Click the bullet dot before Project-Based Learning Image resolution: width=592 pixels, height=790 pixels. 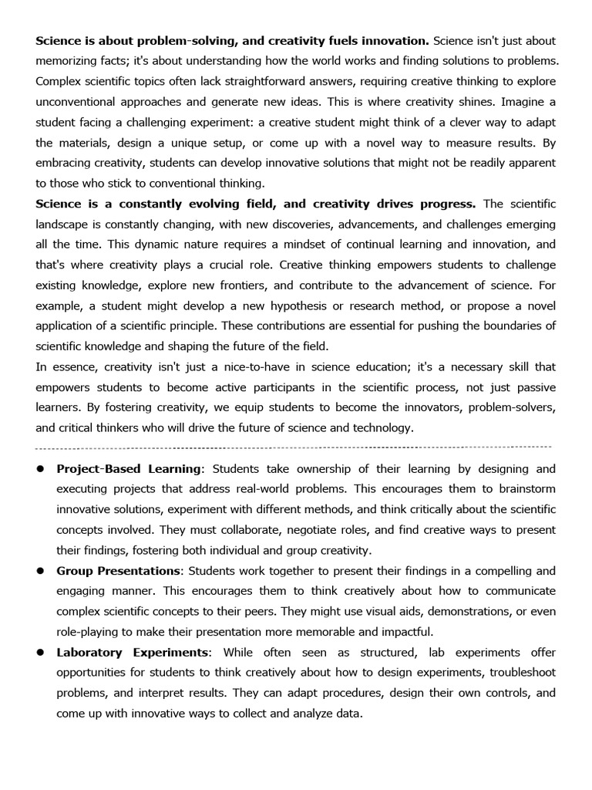[39, 469]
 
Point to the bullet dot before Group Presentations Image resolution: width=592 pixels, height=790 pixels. [39, 571]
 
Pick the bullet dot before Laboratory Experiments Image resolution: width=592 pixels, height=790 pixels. [39, 653]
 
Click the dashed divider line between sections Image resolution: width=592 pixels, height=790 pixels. [293, 447]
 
